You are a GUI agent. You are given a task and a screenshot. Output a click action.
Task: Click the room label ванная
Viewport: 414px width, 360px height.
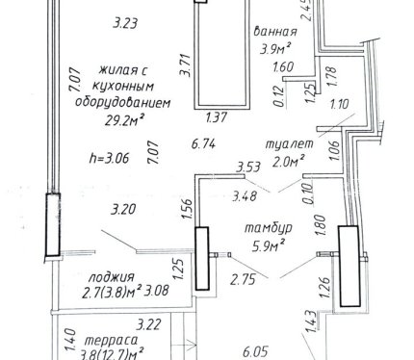point(275,32)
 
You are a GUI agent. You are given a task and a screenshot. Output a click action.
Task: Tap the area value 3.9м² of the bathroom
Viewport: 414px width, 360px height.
point(275,49)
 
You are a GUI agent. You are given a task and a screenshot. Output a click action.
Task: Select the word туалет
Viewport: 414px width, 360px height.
point(289,144)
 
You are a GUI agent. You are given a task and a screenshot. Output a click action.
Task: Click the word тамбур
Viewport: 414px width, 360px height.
point(269,228)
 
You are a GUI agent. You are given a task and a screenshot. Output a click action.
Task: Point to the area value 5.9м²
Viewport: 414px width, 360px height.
point(269,246)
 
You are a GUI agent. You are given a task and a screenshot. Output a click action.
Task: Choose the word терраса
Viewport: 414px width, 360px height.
point(112,340)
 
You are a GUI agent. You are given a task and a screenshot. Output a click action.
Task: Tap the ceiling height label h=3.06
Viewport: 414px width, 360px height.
point(109,158)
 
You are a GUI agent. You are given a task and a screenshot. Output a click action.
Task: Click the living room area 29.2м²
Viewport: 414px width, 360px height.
point(123,120)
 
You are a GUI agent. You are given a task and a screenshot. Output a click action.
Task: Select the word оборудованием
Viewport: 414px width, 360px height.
point(123,103)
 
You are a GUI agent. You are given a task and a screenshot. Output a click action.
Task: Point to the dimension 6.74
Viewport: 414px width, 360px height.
point(203,144)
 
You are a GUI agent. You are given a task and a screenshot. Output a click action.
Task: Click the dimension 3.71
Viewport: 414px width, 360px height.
point(186,65)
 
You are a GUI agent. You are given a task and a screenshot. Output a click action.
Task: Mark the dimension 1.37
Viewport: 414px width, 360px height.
point(217,117)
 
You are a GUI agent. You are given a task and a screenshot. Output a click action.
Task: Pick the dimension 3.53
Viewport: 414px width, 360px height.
point(248,167)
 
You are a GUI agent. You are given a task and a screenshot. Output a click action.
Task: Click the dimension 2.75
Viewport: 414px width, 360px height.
point(244,279)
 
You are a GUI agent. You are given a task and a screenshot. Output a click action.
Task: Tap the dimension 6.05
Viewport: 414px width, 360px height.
point(255,352)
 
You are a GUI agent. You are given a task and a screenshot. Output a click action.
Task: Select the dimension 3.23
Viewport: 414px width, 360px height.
point(125,23)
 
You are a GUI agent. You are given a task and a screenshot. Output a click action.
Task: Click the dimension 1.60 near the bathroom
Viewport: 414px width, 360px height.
point(283,67)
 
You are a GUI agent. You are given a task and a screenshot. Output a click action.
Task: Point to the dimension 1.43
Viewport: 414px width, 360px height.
point(311,321)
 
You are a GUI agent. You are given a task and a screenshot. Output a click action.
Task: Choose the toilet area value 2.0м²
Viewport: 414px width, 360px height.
point(288,162)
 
